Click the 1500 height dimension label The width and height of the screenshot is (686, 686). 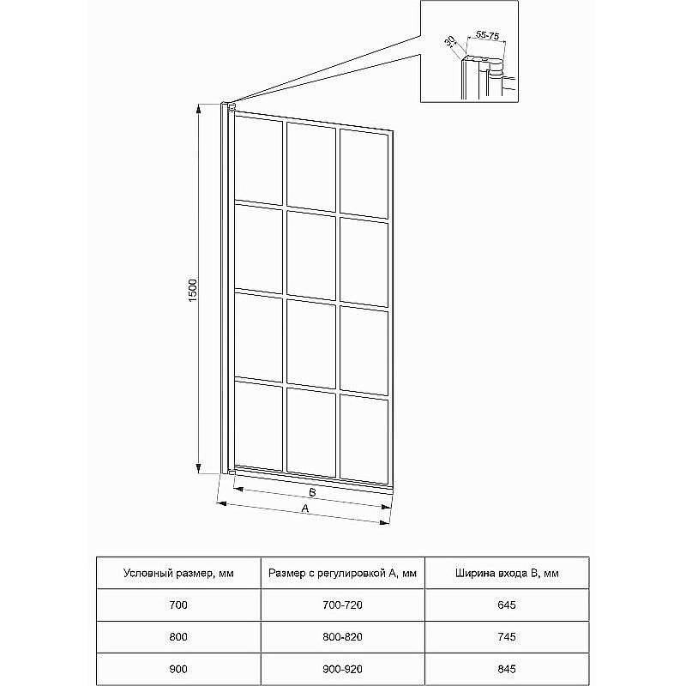pos(194,289)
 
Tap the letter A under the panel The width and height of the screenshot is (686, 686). pos(305,509)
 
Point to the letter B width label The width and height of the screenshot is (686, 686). pos(313,493)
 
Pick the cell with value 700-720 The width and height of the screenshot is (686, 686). pos(342,605)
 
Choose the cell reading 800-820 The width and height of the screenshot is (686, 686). pos(342,637)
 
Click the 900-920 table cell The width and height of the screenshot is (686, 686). pos(342,668)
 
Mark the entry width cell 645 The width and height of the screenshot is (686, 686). pos(507,605)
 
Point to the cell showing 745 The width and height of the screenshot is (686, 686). pos(507,637)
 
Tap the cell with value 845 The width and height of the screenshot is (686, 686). pos(507,668)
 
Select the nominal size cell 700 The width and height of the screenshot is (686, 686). pos(179,605)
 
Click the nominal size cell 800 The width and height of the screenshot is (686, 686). pos(179,637)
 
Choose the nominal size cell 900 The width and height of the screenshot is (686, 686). pos(179,668)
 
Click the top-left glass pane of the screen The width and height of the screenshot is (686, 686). pos(258,159)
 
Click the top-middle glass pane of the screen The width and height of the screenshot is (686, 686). pos(310,163)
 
